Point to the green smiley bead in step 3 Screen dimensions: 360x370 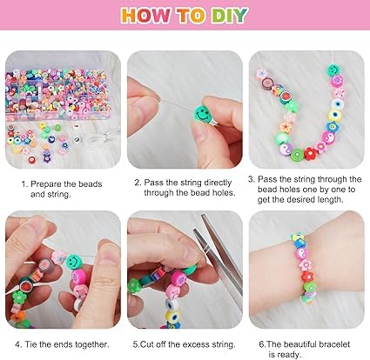pos(333,70)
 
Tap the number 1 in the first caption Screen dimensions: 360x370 pos(24,184)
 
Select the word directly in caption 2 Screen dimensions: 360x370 pos(222,184)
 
